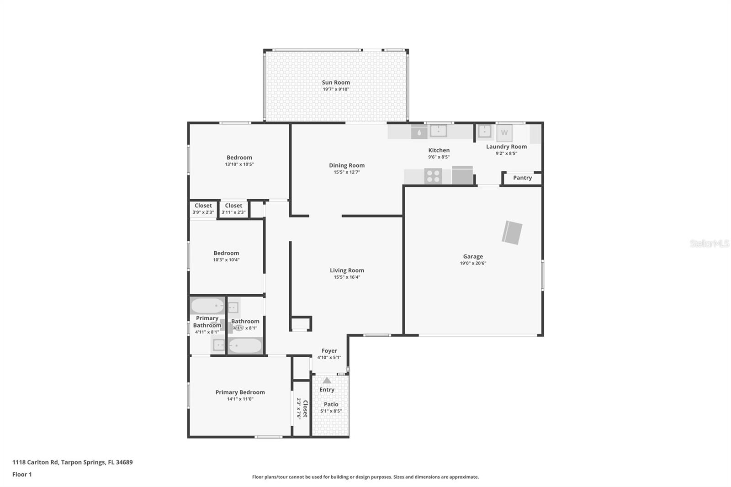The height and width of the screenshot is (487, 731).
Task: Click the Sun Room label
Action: pos(336,83)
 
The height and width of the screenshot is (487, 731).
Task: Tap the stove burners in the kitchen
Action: pos(433,176)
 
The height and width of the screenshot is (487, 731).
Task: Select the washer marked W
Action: pos(504,133)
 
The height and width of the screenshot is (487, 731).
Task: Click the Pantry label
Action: pos(522,178)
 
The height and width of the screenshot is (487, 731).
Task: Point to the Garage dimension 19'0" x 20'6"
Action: pos(473,263)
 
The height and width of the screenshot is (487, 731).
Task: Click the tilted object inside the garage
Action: pos(512,233)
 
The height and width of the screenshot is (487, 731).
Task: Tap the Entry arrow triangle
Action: pos(327,380)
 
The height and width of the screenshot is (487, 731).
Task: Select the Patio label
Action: pos(331,404)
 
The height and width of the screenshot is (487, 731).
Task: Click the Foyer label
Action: pos(329,351)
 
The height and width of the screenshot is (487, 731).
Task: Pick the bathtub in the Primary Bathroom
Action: pos(207,306)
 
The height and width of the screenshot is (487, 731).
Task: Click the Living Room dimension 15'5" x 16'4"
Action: pos(347,277)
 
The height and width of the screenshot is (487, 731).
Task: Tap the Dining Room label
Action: pos(347,165)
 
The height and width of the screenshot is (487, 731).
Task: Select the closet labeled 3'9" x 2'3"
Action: pos(203,209)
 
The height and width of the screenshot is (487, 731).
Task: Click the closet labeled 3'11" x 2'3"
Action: pos(233,209)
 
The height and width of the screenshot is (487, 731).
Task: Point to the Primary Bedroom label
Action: pos(240,392)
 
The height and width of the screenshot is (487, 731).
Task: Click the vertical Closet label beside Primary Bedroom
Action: pos(305,408)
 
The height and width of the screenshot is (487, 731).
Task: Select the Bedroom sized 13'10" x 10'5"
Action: pos(239,160)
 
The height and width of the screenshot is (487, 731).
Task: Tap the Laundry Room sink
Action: pos(484,132)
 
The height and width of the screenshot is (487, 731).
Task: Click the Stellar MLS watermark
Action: pos(709,243)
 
